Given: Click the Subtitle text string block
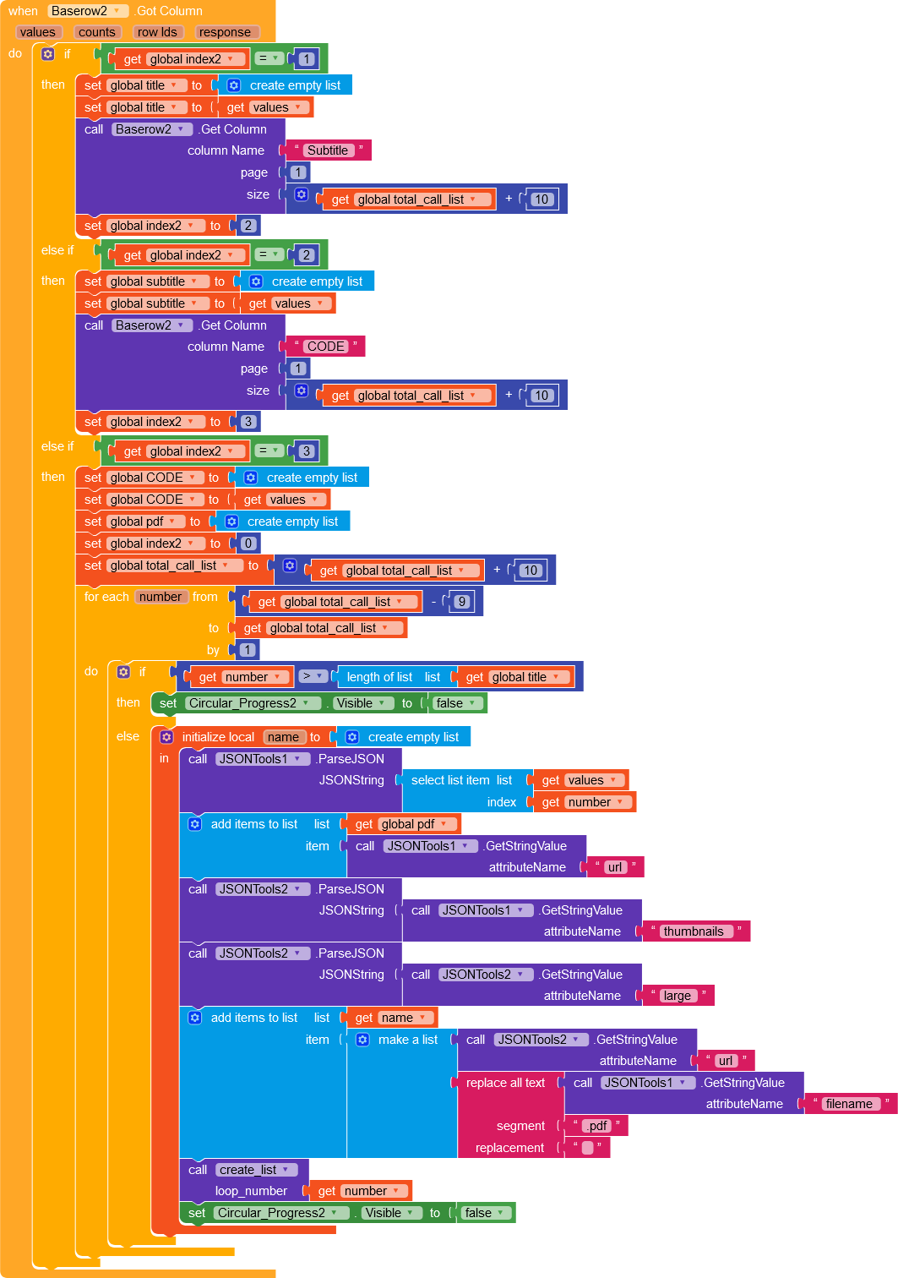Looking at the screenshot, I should point(327,150).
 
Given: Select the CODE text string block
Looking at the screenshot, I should point(325,347).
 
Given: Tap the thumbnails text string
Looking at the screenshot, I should point(694,931).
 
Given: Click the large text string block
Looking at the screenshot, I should point(677,996).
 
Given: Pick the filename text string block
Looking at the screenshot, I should point(848,1104).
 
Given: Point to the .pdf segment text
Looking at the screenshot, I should point(596,1126).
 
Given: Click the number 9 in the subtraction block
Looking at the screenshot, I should point(461,602).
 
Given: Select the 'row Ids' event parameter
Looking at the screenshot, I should point(157,32).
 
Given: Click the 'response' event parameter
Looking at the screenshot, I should point(225,32).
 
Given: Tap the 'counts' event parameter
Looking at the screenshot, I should point(96,32).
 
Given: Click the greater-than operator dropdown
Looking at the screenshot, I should point(313,677).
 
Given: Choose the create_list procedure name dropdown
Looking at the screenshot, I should point(254,1170).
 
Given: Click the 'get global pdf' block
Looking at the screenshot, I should point(401,824).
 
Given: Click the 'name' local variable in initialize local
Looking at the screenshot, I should point(283,737).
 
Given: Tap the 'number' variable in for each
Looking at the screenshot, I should point(160,597).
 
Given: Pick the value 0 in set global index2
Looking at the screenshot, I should point(248,543).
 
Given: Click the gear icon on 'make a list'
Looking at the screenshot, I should point(362,1040).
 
